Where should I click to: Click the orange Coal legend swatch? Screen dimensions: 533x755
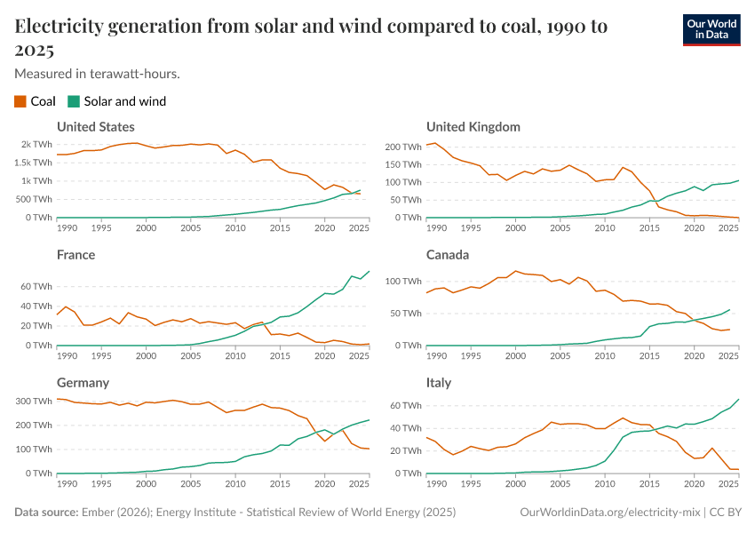(x=20, y=101)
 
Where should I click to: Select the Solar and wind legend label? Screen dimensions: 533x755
(x=124, y=101)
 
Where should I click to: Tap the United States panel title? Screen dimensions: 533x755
(x=96, y=127)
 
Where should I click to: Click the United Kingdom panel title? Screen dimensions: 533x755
(x=473, y=127)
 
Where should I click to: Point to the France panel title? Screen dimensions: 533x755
(x=75, y=255)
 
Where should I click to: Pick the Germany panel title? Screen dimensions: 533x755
(x=83, y=383)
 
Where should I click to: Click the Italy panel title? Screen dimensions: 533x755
(x=439, y=383)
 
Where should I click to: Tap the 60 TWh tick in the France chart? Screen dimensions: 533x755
(x=36, y=287)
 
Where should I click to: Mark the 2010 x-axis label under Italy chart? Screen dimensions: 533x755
(x=604, y=484)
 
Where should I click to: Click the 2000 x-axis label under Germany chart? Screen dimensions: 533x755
(x=146, y=484)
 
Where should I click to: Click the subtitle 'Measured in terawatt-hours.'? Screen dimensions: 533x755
(x=98, y=73)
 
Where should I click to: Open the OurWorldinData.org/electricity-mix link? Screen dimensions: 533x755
(x=611, y=513)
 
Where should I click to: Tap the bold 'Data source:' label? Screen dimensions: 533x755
(x=47, y=513)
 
